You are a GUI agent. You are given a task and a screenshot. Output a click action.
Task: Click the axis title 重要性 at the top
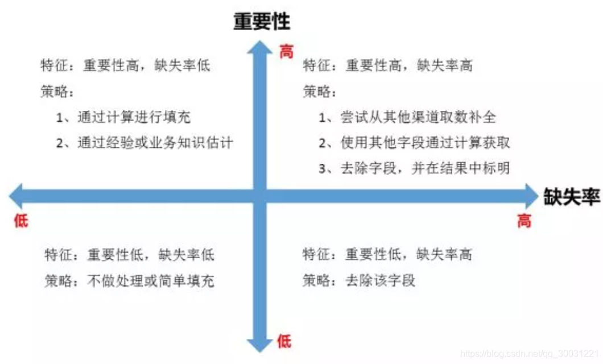pos(261,21)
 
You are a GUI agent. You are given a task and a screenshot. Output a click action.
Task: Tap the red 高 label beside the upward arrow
pos(286,52)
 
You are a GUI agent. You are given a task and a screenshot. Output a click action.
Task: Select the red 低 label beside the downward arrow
pos(284,341)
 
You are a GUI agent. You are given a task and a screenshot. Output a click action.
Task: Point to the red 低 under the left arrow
pos(20,221)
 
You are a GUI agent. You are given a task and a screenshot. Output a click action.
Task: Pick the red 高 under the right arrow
pos(524,221)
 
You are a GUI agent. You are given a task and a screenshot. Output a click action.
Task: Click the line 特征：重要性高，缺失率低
pos(125,65)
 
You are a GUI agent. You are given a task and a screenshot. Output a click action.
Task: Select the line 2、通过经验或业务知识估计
pos(144,143)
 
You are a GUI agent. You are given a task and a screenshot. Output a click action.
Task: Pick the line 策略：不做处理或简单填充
pos(129,280)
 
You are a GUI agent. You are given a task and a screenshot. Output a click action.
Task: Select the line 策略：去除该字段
pos(359,280)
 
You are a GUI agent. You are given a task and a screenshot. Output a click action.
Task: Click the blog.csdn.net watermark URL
pos(529,354)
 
